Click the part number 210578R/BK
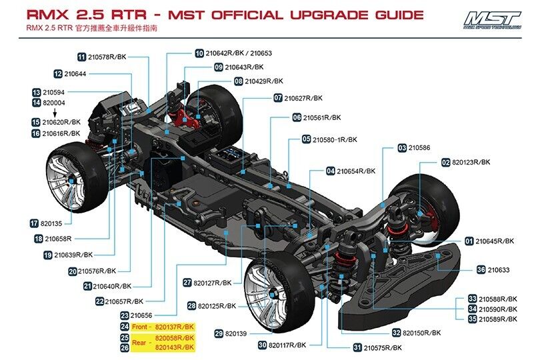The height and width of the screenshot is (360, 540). tap(108, 57)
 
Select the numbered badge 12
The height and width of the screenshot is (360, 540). tap(59, 73)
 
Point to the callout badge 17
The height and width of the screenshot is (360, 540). tap(34, 223)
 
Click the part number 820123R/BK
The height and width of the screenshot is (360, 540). tap(471, 162)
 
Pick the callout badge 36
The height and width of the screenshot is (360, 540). tap(481, 270)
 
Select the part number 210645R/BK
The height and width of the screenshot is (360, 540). tap(494, 241)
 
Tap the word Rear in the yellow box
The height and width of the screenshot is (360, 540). tap(139, 343)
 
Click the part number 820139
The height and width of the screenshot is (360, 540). tap(236, 333)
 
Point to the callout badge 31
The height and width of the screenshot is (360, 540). tap(357, 347)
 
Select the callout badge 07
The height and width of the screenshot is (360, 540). tap(278, 98)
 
